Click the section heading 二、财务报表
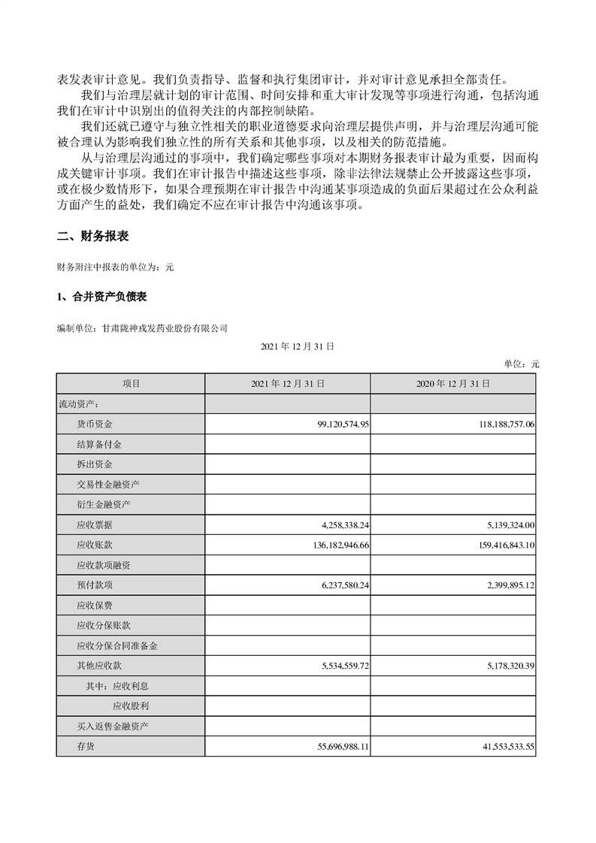93,236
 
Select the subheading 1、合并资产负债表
101,298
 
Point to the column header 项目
131,383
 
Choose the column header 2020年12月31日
452,383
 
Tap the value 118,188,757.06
496,425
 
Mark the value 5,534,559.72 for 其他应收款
337,666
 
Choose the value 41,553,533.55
499,746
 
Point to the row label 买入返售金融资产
113,727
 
